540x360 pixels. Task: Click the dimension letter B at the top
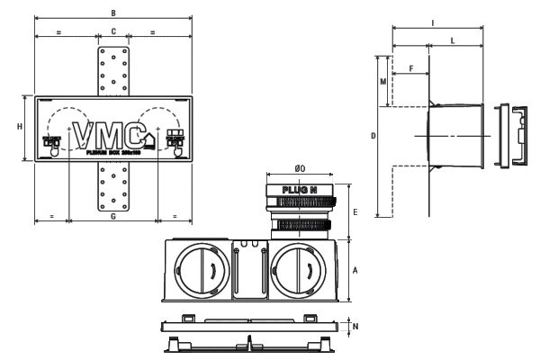112,13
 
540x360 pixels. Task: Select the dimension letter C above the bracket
112,31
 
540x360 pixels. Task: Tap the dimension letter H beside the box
19,127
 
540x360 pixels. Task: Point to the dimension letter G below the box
112,217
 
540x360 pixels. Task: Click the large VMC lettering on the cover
112,135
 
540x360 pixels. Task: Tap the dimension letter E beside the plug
356,212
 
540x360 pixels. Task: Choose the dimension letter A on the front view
356,270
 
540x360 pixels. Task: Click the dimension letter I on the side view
433,21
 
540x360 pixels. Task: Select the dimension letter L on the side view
452,41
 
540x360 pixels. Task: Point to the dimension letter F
411,68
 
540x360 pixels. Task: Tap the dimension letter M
382,81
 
